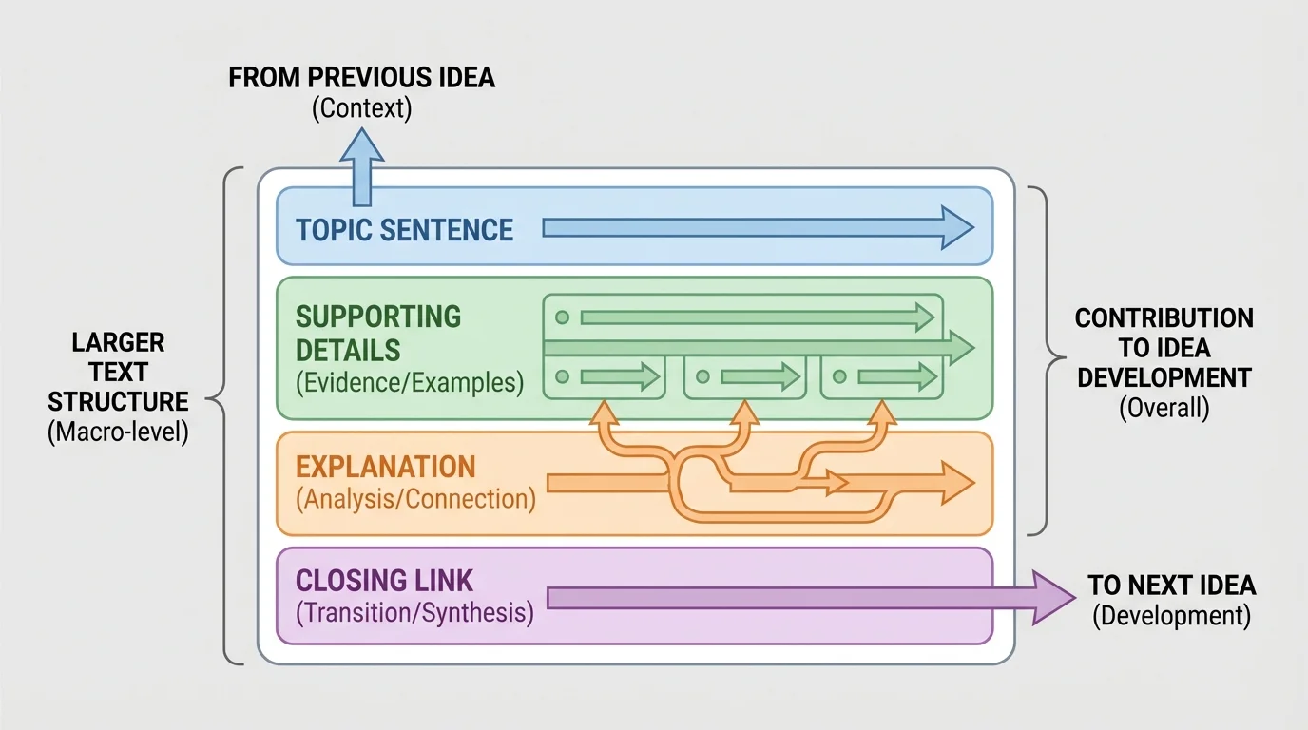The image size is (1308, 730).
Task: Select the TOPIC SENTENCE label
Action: tap(404, 230)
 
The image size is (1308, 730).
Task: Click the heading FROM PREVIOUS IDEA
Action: tap(361, 77)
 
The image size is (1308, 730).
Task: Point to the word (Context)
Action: tap(361, 107)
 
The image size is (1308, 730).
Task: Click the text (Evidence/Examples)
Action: tap(409, 383)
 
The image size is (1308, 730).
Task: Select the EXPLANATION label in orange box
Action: tap(385, 467)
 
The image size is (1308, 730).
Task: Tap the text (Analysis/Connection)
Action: tap(415, 499)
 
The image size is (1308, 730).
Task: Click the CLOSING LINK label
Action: tap(384, 580)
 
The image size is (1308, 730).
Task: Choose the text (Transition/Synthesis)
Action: tap(414, 612)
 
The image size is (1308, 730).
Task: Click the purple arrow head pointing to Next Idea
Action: tap(1055, 597)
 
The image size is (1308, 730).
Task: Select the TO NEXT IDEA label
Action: tap(1171, 585)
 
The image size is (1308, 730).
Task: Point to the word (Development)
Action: tap(1171, 616)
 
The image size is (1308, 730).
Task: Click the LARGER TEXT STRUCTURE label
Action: tap(118, 372)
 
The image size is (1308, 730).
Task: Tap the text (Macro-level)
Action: tap(118, 432)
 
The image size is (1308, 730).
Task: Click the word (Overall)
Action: tap(1164, 409)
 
